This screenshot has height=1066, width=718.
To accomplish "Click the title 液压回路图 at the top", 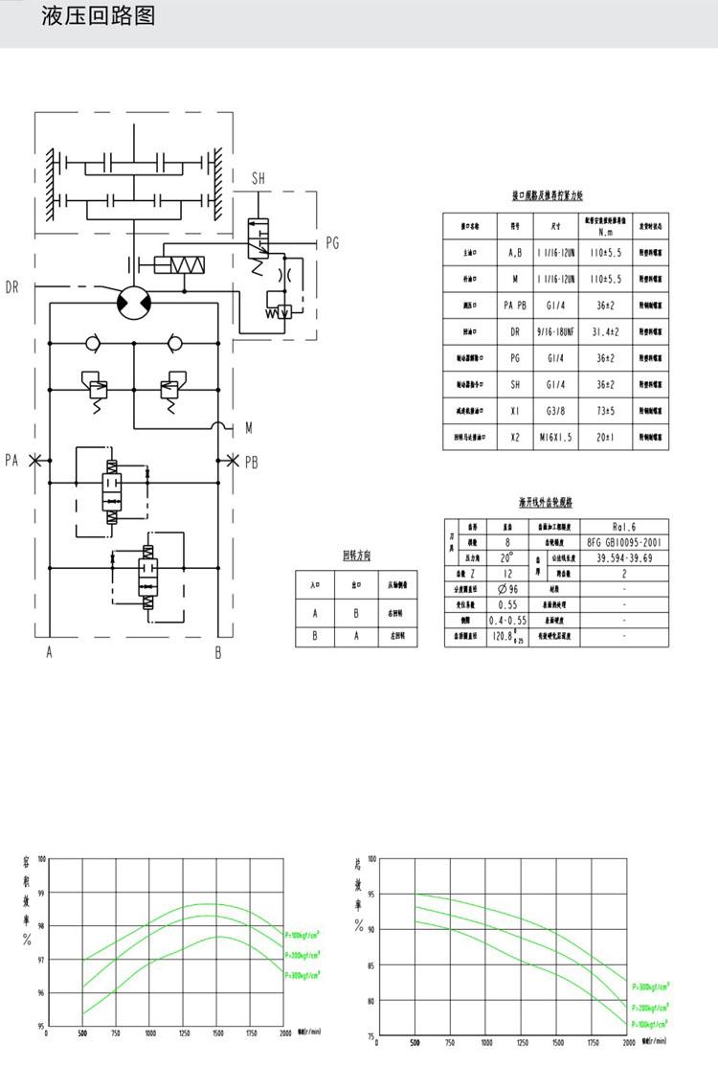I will pyautogui.click(x=98, y=17).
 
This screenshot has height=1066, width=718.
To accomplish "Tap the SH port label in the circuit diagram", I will pyautogui.click(x=258, y=179).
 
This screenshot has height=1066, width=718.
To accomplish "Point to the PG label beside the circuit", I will pyautogui.click(x=332, y=243).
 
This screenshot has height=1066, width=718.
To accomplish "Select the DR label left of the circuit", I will pyautogui.click(x=12, y=287).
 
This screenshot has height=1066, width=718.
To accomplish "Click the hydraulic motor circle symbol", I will pyautogui.click(x=132, y=302).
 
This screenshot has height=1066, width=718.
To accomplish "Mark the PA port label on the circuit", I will pyautogui.click(x=11, y=461).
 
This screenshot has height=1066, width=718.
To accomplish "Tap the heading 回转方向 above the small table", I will pyautogui.click(x=356, y=556).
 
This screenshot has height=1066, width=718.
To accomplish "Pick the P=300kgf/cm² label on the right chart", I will pyautogui.click(x=650, y=984).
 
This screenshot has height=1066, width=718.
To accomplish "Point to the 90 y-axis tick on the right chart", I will pyautogui.click(x=370, y=929).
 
